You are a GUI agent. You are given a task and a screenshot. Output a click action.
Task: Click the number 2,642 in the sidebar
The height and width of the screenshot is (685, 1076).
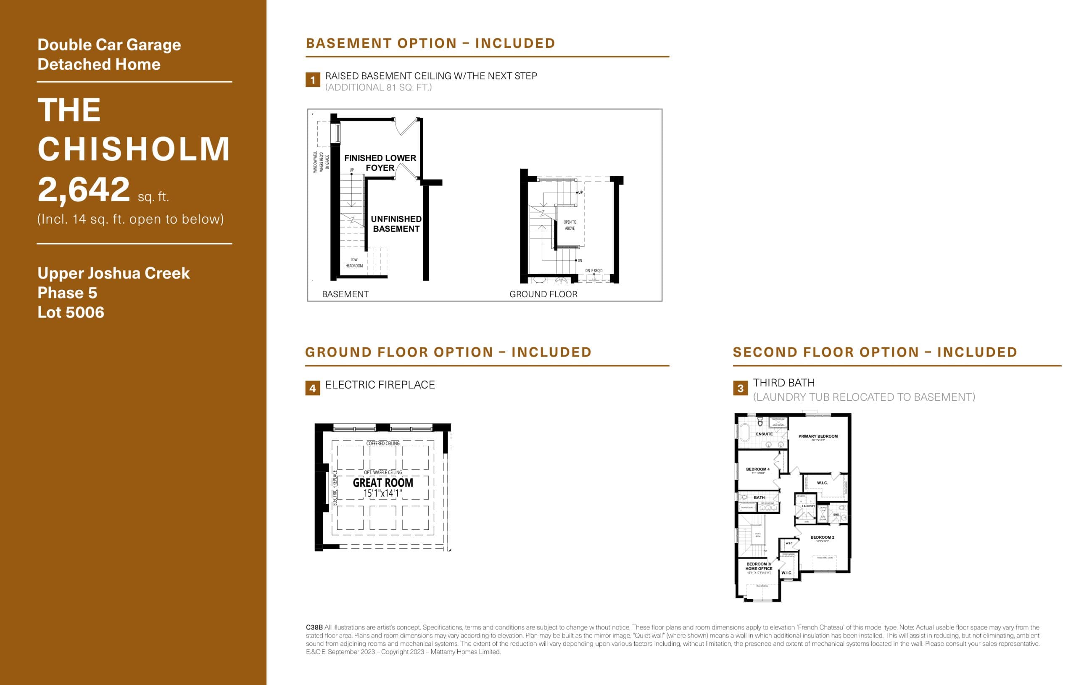tap(84, 189)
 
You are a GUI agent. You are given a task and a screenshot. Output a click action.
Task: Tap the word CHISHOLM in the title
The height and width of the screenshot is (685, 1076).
tap(134, 149)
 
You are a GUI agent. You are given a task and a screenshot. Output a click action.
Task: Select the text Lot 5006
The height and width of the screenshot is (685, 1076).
tap(71, 312)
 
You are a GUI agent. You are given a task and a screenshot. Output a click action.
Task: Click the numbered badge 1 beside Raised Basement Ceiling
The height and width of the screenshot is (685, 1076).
tap(312, 80)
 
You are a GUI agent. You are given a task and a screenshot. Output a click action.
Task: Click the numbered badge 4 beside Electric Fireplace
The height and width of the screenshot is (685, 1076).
tap(312, 388)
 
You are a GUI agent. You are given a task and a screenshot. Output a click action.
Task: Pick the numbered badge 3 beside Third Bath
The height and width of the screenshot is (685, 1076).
tap(740, 388)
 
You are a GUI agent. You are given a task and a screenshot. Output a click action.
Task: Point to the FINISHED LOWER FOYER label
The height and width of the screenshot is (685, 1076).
tap(380, 163)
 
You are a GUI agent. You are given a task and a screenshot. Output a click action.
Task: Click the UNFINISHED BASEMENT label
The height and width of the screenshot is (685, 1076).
tap(396, 224)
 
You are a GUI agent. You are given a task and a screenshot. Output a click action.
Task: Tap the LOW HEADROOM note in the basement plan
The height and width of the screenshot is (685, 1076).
tap(354, 262)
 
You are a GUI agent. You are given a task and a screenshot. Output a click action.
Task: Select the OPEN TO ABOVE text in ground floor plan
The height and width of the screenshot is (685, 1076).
tap(570, 225)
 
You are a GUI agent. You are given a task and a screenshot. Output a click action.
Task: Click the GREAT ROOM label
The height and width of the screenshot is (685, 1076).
tap(383, 483)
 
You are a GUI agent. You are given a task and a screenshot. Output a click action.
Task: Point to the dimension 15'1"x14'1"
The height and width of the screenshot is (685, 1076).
tap(382, 494)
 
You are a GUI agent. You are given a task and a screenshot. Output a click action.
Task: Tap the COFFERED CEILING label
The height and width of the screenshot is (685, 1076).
tap(383, 444)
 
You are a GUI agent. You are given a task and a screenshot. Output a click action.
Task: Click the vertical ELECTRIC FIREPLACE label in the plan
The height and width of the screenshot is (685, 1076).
tap(335, 488)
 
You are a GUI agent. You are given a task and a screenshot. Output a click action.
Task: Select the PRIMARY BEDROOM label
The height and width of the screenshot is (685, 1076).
tap(818, 436)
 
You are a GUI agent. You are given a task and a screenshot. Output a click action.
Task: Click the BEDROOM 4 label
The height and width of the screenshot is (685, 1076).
tap(757, 469)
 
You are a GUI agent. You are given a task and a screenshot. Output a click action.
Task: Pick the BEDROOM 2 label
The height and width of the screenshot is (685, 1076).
tap(822, 537)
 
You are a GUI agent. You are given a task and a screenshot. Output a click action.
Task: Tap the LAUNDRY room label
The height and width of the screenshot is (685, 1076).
tap(808, 506)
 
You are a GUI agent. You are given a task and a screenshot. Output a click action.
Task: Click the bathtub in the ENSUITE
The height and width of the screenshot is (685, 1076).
tap(744, 433)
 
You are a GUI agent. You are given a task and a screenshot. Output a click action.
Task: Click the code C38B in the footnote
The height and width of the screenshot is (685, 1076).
tap(314, 628)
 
